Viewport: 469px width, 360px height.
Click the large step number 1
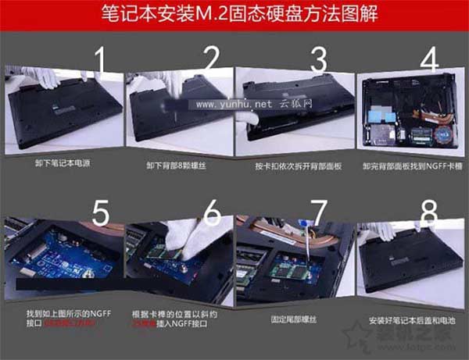click(x=98, y=61)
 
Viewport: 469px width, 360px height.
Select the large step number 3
click(x=317, y=61)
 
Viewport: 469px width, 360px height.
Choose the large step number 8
click(x=429, y=212)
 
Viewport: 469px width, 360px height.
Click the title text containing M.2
click(x=234, y=14)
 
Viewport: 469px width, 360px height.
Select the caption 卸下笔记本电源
click(x=60, y=166)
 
